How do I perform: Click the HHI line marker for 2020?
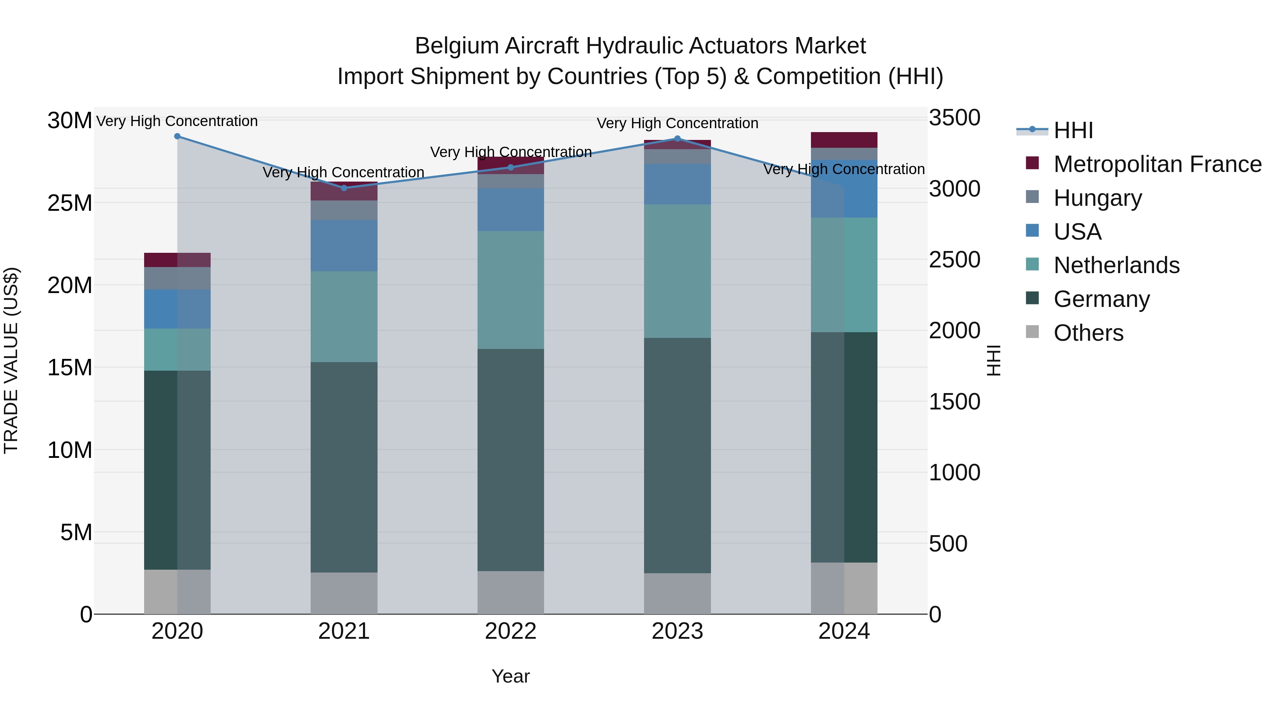click(177, 136)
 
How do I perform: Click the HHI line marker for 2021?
click(344, 188)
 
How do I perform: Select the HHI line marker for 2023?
click(677, 139)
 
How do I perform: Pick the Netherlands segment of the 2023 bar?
click(677, 271)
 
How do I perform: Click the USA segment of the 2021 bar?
click(344, 246)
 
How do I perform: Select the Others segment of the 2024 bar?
click(844, 588)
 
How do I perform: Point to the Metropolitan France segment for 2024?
click(844, 140)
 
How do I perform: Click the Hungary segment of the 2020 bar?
click(177, 278)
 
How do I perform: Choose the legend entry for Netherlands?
click(1116, 265)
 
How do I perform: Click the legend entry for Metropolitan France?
click(1157, 164)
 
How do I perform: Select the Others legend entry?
click(1088, 333)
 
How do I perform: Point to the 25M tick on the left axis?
click(70, 203)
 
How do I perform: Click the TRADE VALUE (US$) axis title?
click(11, 360)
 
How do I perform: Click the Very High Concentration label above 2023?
click(677, 124)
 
